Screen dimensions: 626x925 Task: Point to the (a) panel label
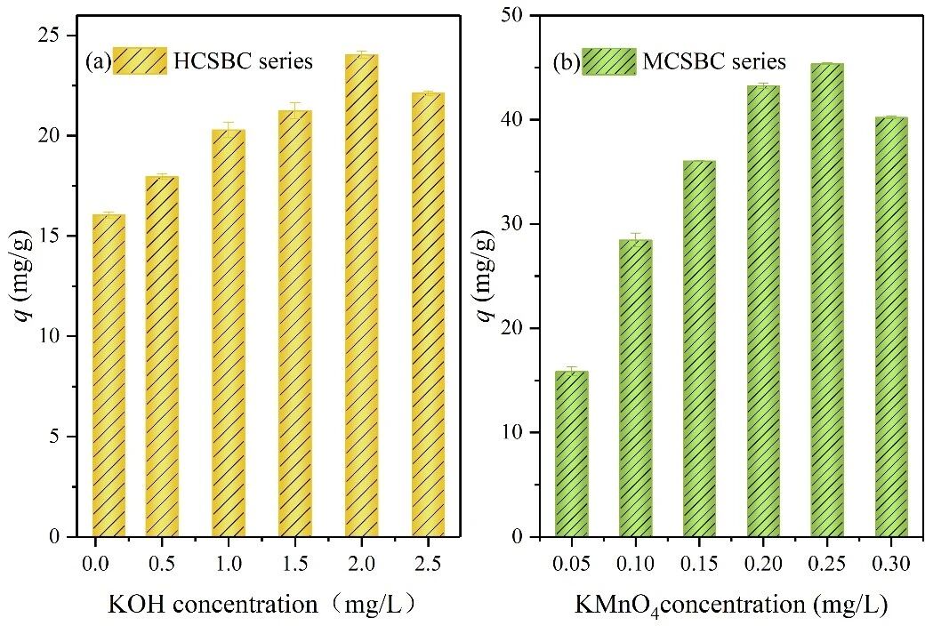point(97,61)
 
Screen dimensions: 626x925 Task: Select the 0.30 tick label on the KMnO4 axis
point(892,566)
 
